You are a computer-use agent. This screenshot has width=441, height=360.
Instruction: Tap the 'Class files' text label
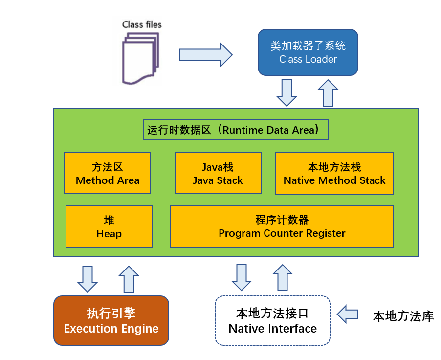142,24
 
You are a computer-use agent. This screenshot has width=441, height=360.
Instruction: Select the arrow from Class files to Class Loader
205,55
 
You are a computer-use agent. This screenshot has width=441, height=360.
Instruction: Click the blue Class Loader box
308,52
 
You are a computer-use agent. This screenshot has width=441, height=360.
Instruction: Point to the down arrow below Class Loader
287,92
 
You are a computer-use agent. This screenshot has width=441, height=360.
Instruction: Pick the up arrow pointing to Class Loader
328,92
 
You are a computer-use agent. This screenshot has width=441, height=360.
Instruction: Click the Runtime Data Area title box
236,130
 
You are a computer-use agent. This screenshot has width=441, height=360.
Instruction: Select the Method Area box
108,174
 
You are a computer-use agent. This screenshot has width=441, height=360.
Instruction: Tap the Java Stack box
218,174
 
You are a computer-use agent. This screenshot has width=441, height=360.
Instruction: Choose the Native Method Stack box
334,174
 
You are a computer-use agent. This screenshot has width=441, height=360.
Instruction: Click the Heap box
109,226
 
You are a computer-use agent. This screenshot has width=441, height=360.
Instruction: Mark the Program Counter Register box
282,226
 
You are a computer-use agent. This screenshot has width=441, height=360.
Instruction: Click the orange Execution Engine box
111,321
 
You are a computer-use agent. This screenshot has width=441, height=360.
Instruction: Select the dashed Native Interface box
273,321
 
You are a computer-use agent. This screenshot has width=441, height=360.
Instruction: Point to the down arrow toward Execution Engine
88,279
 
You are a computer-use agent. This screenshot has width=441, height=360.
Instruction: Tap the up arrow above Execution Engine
129,279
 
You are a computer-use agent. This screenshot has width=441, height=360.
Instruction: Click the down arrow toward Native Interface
241,277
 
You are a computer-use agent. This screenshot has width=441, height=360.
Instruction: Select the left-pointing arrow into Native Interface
348,314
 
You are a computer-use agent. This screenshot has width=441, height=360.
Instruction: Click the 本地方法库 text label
403,316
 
